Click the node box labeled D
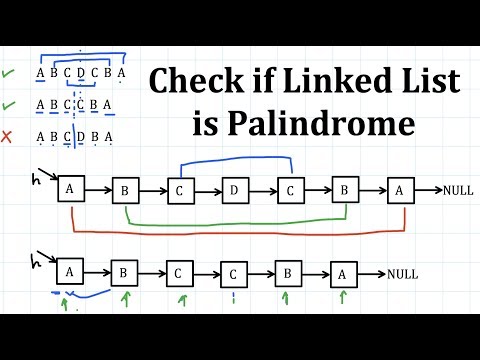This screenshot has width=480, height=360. (235, 189)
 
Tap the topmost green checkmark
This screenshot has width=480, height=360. (9, 73)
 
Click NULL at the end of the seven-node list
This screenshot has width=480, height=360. (457, 189)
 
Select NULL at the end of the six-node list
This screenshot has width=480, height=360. (402, 273)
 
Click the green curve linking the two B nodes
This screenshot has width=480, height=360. (235, 222)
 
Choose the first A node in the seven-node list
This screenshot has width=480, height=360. (70, 189)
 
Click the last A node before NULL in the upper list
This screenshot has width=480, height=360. (400, 189)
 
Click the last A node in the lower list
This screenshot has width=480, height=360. (344, 272)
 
